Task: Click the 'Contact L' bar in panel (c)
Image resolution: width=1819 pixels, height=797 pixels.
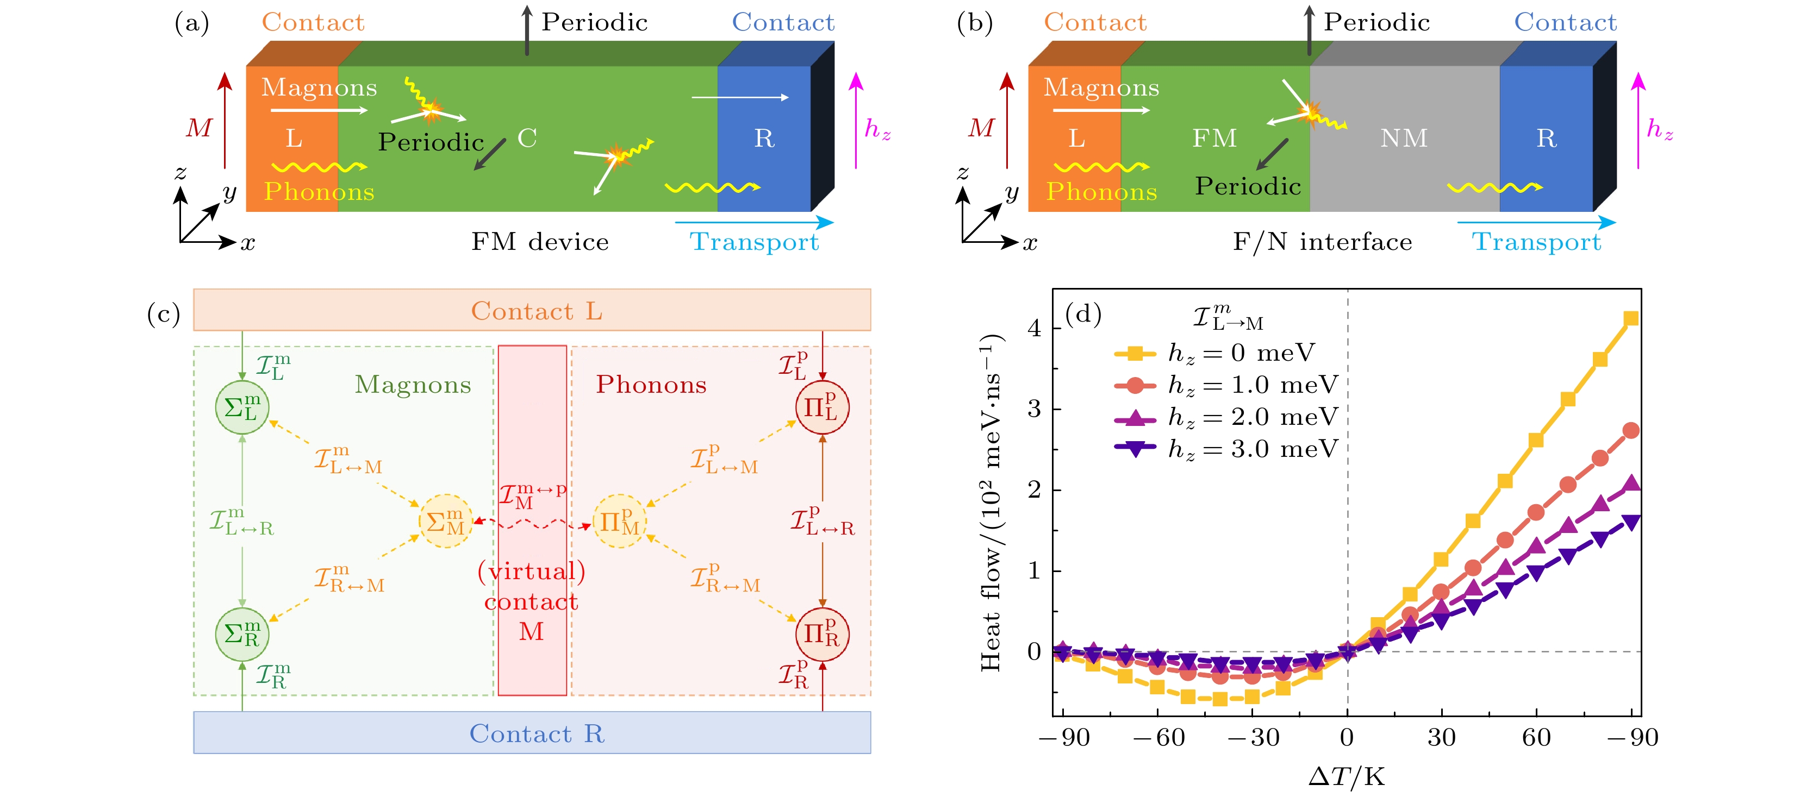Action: coord(532,310)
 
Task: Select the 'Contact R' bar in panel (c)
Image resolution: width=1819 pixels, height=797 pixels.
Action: coord(532,733)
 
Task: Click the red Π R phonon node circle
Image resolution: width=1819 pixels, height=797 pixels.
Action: coord(822,634)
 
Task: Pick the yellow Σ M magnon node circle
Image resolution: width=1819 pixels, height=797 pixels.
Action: coord(446,522)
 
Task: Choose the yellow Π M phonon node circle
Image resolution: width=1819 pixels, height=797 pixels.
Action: coord(619,522)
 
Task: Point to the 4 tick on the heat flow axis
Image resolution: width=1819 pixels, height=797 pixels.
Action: coord(1035,328)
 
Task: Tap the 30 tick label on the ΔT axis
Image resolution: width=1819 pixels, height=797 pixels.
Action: coord(1441,737)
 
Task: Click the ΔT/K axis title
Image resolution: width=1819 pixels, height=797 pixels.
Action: coord(1347,776)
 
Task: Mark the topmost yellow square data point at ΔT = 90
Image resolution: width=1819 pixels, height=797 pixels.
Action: coord(1630,318)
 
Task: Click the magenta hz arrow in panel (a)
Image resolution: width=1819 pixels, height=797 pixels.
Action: coord(856,120)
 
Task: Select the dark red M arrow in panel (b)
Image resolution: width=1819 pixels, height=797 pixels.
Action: coord(1007,120)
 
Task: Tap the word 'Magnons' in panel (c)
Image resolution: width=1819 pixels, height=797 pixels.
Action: coord(413,384)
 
